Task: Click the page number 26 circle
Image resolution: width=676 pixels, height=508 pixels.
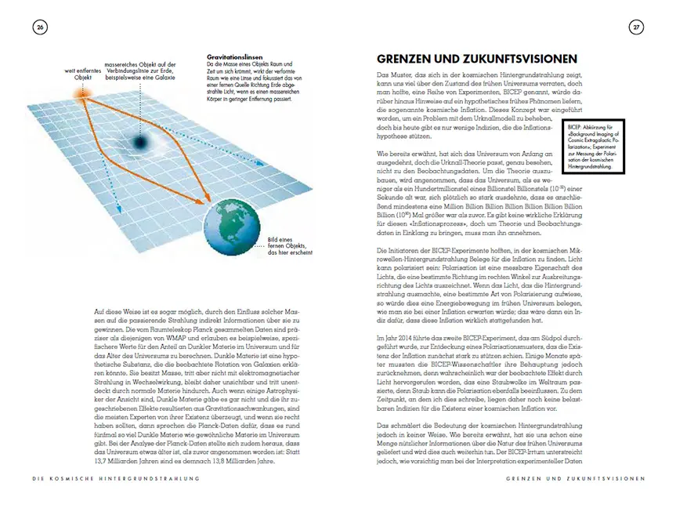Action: coord(40,27)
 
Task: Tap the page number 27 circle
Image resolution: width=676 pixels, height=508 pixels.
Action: coord(636,27)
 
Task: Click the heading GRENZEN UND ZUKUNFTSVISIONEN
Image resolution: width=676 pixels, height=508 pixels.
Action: coord(477,59)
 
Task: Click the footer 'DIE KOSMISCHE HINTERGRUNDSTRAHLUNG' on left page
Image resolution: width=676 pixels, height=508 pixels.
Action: coord(108,477)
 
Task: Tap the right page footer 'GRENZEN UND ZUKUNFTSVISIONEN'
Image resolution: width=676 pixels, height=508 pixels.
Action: coord(574,477)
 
